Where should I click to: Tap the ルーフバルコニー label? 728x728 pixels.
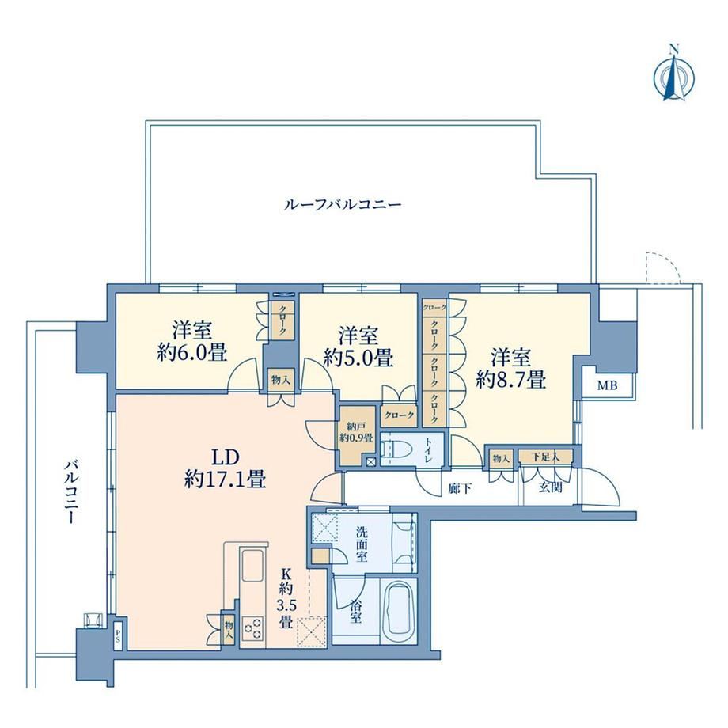point(342,205)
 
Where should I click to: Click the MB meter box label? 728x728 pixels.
point(607,385)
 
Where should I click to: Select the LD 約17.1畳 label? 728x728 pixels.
point(226,468)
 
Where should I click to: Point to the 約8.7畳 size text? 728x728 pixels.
point(510,381)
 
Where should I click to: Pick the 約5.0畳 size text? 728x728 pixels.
point(358,358)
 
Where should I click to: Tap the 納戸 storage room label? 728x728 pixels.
point(355,426)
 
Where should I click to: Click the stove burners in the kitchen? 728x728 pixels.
point(252,631)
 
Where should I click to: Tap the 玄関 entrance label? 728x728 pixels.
point(551,487)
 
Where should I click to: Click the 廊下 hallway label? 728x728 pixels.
point(461,487)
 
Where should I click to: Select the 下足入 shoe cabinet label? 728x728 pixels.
point(545,457)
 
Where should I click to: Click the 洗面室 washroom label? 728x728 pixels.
point(362,544)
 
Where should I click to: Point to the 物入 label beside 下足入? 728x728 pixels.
point(502,459)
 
